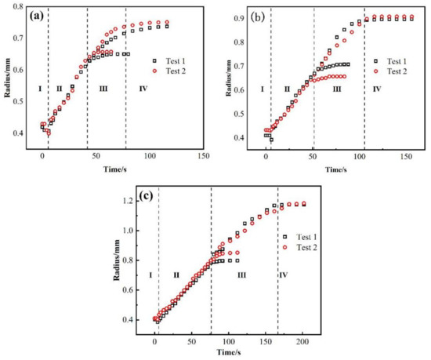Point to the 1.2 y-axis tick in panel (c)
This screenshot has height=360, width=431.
pos(129,202)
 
